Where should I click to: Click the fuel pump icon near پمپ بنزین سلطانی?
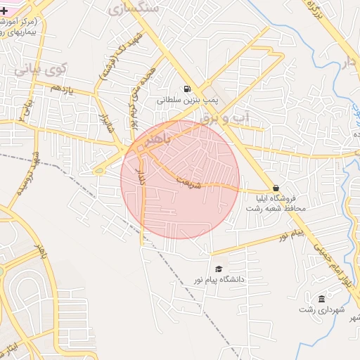click(x=186, y=89)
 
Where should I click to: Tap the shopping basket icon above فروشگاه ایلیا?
click(x=275, y=188)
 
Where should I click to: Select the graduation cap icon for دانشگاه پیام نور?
click(x=218, y=269)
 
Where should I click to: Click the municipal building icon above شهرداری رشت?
click(x=321, y=299)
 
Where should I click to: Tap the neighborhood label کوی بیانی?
click(x=41, y=70)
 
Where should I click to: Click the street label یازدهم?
click(x=62, y=87)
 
